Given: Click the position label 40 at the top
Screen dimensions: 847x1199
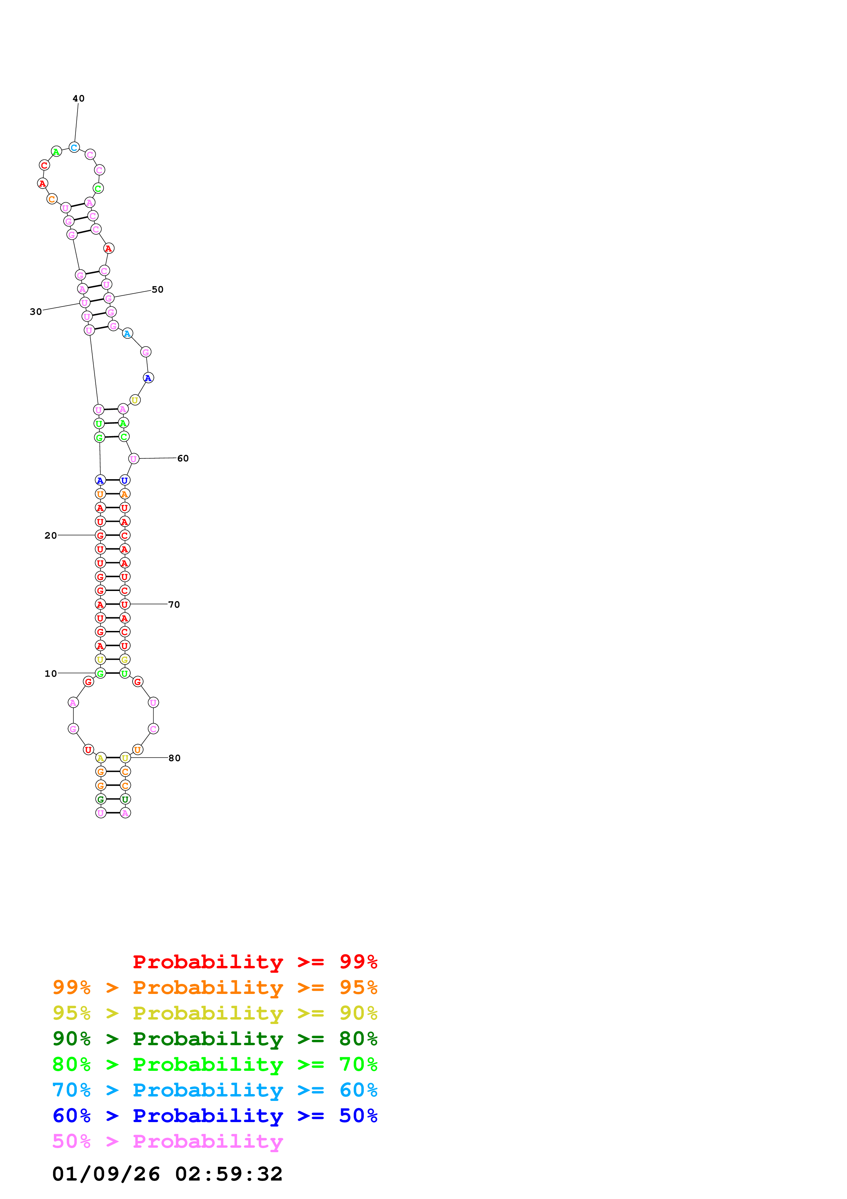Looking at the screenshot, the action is pos(78,98).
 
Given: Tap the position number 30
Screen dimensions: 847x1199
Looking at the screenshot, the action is pos(36,312).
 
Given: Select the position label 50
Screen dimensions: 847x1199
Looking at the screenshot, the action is pos(157,289).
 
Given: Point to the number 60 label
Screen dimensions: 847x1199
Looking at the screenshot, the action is pos(183,458).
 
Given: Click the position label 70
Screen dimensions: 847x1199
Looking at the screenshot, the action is pos(174,604).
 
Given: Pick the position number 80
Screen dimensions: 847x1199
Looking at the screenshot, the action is pos(174,758).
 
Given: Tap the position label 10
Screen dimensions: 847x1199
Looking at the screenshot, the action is pos(51,673).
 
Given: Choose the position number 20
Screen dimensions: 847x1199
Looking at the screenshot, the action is pos(51,535).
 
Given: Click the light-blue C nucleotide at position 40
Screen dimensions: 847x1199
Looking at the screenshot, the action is pos(74,148).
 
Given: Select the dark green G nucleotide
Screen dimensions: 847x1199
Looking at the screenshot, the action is pos(101,799).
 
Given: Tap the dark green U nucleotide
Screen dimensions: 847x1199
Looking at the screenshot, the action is pos(125,799).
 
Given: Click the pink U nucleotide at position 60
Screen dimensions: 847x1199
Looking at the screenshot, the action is pos(134,458).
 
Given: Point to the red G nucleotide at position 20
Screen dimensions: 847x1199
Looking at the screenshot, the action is pos(100,535).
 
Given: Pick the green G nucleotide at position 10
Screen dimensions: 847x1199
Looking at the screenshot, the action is pos(100,673).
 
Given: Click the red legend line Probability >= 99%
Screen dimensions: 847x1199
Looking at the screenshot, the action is pos(255,961).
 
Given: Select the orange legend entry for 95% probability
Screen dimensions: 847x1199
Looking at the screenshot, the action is pos(215,987).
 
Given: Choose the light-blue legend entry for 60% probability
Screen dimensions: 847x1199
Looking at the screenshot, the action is pos(215,1090).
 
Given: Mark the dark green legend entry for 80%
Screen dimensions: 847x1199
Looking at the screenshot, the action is pos(215,1039).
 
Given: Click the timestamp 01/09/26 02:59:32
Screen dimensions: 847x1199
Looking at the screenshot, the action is pos(167,1174).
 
